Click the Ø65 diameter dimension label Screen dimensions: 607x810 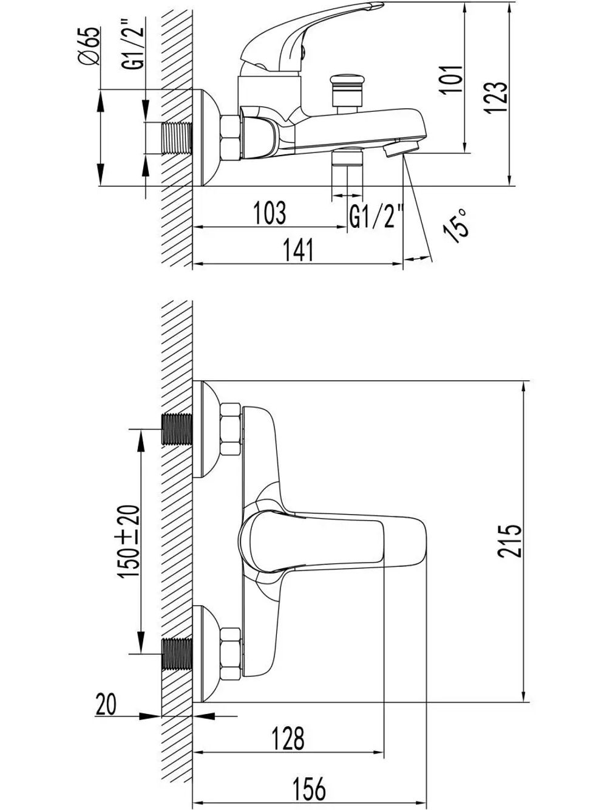click(x=90, y=46)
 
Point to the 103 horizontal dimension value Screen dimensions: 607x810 click(x=270, y=213)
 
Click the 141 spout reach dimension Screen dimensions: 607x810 click(x=299, y=250)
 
